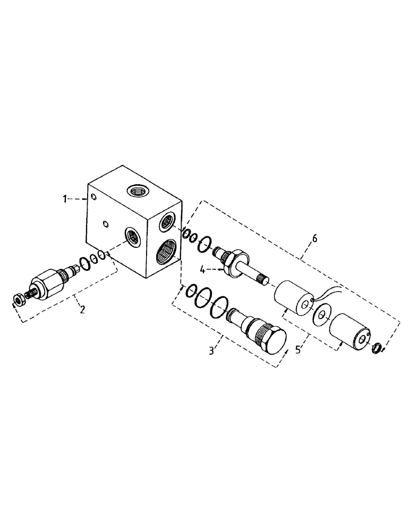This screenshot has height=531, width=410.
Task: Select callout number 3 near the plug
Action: coord(212,350)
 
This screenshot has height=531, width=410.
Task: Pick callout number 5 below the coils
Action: coord(298,350)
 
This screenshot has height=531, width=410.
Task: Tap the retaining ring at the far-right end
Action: coord(377,348)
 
